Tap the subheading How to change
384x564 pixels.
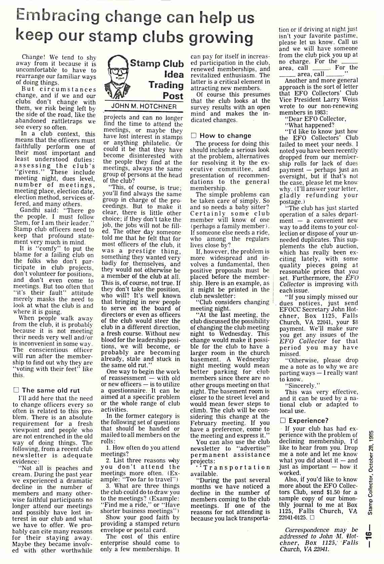click(225, 136)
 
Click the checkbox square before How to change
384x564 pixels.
click(194, 136)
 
